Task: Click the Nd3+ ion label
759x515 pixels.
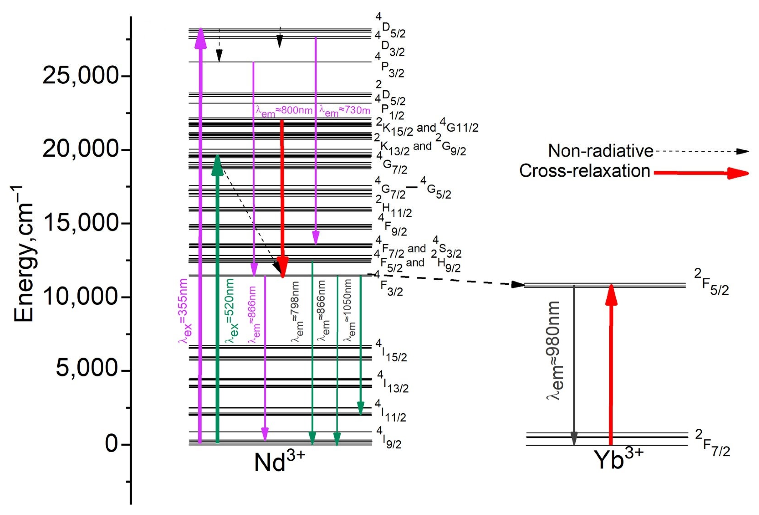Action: coord(279,461)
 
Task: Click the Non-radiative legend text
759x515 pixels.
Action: coord(601,151)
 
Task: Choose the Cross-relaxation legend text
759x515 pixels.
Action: coord(585,171)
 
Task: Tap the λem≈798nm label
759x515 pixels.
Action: coord(297,312)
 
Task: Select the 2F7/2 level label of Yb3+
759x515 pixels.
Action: coord(712,443)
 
